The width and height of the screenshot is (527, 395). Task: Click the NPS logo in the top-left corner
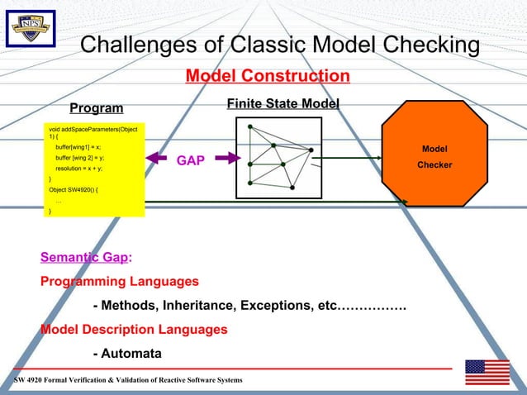point(31,29)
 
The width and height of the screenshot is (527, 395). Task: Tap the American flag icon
point(487,372)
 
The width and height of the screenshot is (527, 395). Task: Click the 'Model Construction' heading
point(267,77)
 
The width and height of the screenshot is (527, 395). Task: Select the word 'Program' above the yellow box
point(96,108)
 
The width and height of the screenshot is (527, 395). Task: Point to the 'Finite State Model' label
point(282,103)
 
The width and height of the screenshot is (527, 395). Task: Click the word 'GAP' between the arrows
point(190,160)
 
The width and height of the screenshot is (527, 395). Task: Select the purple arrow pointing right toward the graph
point(221,160)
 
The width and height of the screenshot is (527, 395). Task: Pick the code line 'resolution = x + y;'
point(79,168)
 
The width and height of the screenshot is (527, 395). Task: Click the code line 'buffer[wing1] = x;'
point(78,146)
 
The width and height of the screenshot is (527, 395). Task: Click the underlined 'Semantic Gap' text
point(83,257)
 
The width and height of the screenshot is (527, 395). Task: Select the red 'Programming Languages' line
point(120,281)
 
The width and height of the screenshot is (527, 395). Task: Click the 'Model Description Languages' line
point(134,330)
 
